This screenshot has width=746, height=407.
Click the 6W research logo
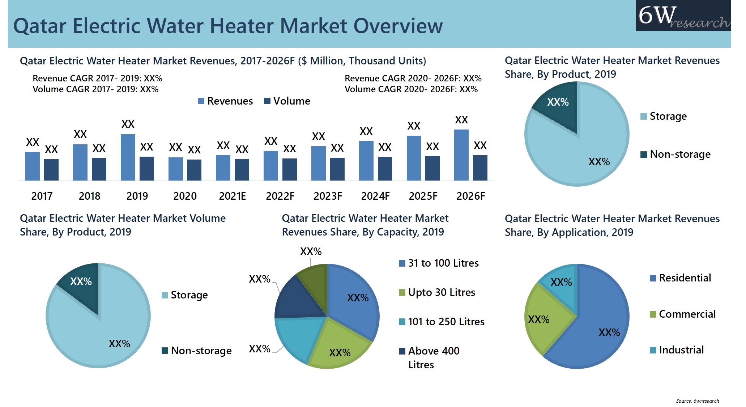click(x=683, y=16)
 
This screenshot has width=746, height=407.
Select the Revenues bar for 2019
click(x=128, y=157)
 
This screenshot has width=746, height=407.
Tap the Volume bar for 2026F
click(x=480, y=168)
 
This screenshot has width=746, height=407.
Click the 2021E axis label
click(x=232, y=196)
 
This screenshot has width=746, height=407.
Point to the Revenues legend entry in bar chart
click(x=226, y=101)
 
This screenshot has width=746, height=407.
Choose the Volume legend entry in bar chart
click(x=287, y=101)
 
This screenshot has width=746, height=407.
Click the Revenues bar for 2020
click(x=175, y=169)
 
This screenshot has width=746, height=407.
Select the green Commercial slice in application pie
click(x=542, y=318)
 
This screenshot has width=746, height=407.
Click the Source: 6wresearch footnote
click(x=697, y=401)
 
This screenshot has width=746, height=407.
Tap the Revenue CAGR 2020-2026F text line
click(x=413, y=79)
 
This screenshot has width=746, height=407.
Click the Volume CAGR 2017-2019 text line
click(x=95, y=89)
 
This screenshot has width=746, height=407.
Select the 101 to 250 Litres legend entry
click(x=442, y=322)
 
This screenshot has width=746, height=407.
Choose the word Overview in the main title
click(x=398, y=26)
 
